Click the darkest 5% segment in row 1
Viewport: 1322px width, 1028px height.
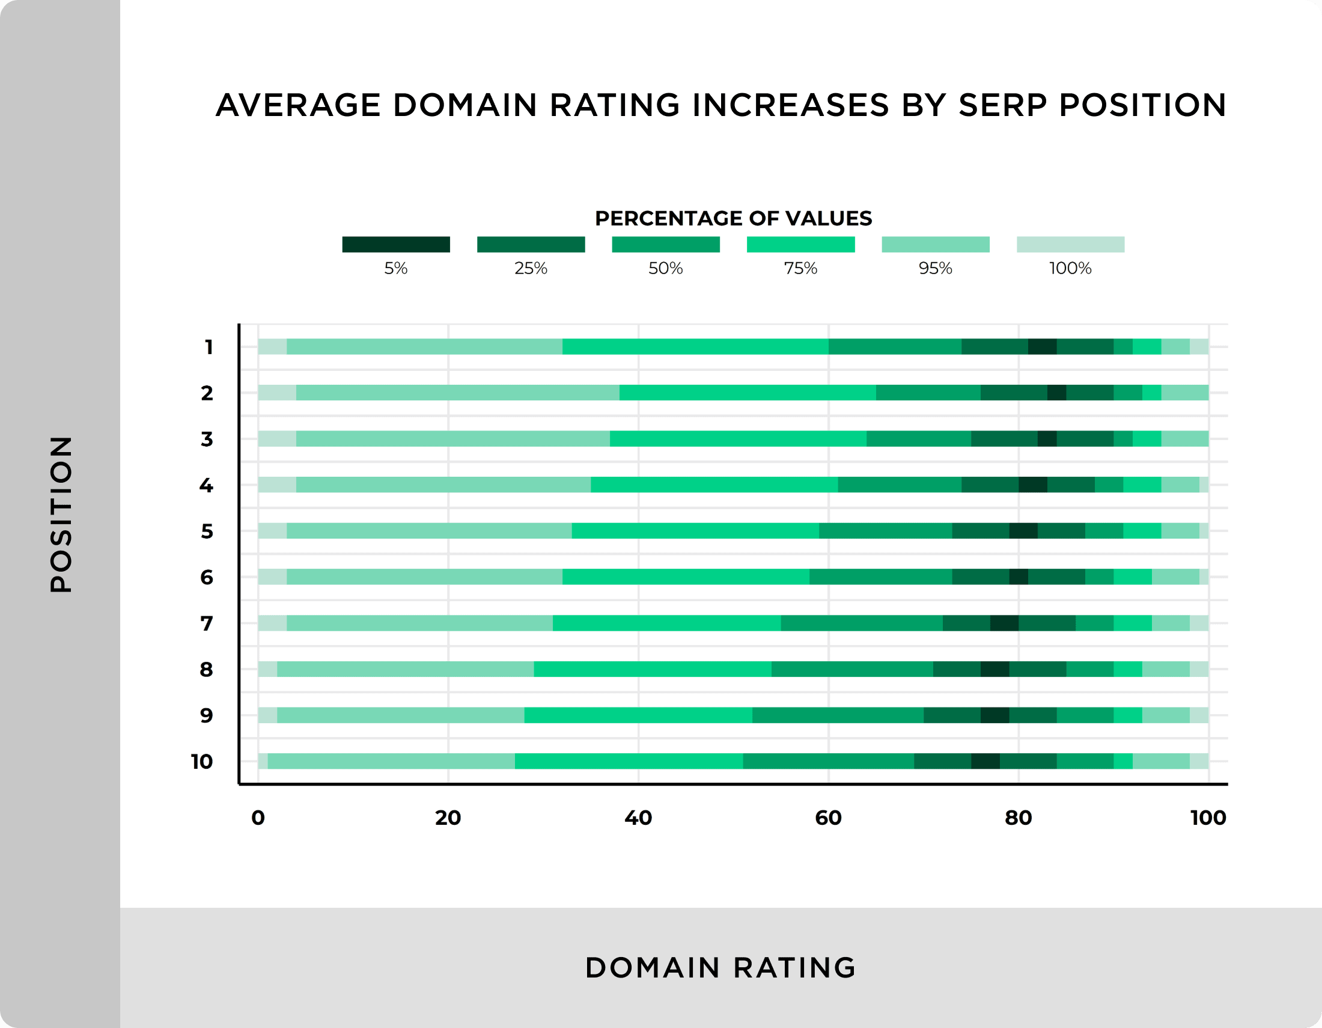click(x=1042, y=347)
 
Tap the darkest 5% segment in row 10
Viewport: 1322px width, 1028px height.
click(x=985, y=761)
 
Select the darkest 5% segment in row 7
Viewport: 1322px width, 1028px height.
click(x=1004, y=623)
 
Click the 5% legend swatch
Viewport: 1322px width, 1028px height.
click(x=396, y=245)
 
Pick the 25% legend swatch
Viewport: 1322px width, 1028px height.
click(x=531, y=245)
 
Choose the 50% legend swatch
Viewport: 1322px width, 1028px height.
click(x=666, y=245)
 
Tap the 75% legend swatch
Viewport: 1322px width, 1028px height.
click(x=800, y=245)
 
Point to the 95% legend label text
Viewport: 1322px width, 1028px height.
click(x=935, y=268)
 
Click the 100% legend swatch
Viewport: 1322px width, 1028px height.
click(x=1070, y=245)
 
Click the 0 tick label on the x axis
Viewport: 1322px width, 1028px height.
click(x=258, y=818)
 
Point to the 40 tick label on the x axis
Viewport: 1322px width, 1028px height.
click(x=638, y=818)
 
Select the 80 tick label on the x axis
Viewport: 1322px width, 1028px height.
click(x=1018, y=818)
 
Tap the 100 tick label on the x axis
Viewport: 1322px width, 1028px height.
click(x=1208, y=818)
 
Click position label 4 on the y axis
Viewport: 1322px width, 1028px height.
click(x=206, y=485)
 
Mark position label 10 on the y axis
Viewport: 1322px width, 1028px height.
click(x=202, y=762)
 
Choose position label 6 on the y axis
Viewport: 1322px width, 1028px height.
click(x=206, y=577)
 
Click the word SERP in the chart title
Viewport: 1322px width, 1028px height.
click(x=1002, y=105)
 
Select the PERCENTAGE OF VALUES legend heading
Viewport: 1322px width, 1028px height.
click(x=733, y=218)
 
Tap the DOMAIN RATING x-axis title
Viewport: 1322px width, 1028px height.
click(x=720, y=967)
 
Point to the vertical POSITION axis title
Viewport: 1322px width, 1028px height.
click(x=61, y=514)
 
